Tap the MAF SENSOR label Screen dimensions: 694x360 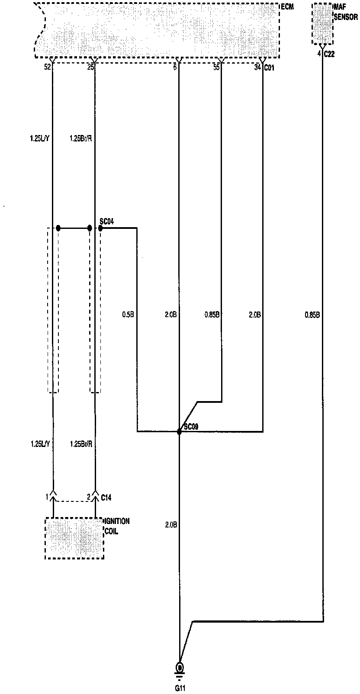tap(346, 12)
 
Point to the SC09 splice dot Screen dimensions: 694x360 tap(179, 431)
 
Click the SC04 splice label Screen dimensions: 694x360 tap(106, 222)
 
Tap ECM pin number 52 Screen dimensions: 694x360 tap(48, 67)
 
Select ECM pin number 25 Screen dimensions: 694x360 tap(90, 67)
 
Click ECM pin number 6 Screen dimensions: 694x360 tap(175, 67)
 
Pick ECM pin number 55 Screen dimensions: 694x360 tap(216, 67)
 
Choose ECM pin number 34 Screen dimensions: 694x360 tap(257, 67)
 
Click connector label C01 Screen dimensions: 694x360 tap(269, 67)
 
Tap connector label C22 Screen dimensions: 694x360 tap(329, 54)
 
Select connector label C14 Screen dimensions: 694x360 tap(106, 498)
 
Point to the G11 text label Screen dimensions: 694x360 tap(179, 687)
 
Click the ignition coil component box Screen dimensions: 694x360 tap(74, 538)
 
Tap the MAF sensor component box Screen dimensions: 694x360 tap(322, 24)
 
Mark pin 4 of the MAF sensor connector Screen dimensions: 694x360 tap(319, 54)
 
